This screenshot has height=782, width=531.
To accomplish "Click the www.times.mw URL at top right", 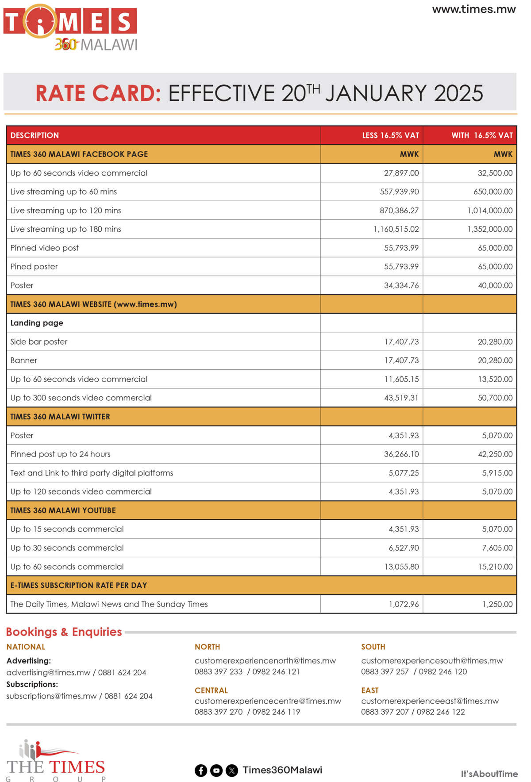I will tap(473, 9).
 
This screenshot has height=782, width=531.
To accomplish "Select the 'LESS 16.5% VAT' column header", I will tap(390, 135).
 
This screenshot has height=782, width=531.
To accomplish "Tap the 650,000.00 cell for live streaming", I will tap(493, 192).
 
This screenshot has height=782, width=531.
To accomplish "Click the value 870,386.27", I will tap(399, 211).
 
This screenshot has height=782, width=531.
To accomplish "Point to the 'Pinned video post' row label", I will tap(44, 248).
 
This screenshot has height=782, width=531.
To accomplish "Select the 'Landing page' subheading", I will tap(37, 323).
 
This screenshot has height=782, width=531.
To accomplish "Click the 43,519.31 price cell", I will tap(401, 398).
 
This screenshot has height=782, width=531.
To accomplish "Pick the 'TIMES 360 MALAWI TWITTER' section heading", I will tap(60, 417).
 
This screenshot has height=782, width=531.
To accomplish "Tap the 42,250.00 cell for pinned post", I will tap(495, 454).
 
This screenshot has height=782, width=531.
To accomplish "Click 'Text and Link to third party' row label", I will tap(92, 473).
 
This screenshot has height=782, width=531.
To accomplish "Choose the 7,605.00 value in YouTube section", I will tap(497, 548).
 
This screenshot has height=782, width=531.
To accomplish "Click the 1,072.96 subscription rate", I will tap(404, 604).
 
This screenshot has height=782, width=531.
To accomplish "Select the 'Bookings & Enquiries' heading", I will tap(64, 632).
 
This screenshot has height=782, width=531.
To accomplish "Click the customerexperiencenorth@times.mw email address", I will tap(265, 660).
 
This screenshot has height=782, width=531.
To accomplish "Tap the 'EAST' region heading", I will tap(369, 690).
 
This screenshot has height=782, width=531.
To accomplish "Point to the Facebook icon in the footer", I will tap(201, 770).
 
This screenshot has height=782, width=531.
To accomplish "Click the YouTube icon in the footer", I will tap(216, 770).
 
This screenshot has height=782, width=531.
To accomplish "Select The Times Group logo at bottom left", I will tap(55, 761).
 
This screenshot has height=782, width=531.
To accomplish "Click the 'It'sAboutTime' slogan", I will tap(489, 774).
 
